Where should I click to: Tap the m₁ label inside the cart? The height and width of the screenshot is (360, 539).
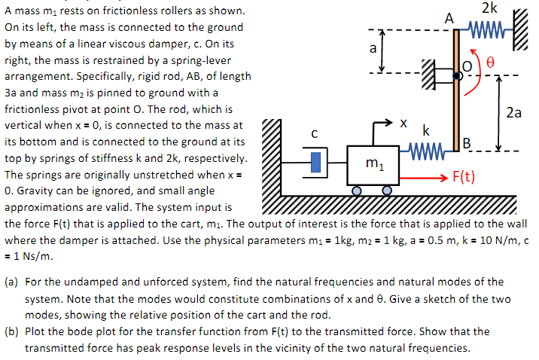coord(372,163)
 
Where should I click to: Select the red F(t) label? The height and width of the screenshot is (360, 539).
coord(461,178)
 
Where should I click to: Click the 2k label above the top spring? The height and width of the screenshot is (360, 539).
coord(489,8)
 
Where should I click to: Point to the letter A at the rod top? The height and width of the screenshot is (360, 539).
coord(449,17)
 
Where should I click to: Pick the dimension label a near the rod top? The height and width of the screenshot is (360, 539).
coord(372,50)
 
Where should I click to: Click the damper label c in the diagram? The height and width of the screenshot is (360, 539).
coord(314,134)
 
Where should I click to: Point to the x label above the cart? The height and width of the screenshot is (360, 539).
coord(403,121)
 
